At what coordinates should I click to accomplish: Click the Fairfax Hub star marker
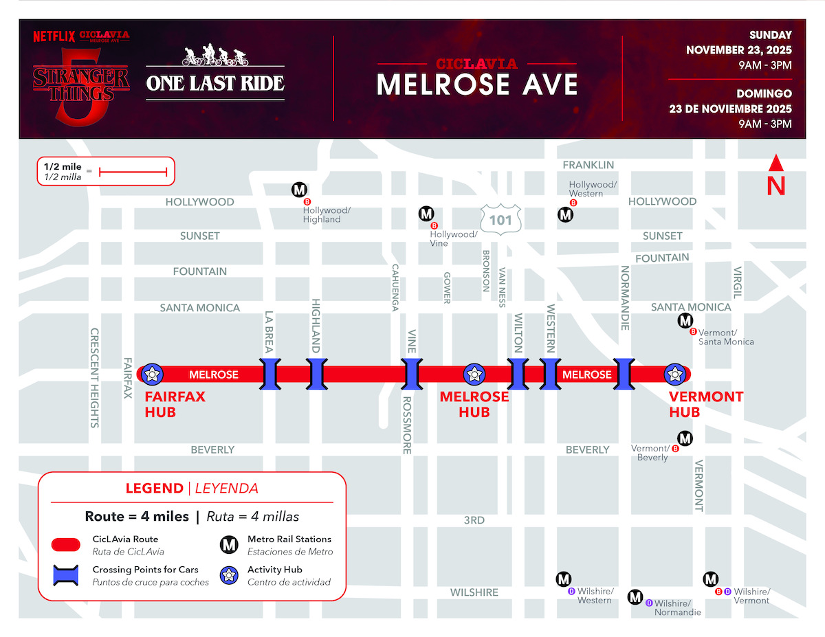(x=152, y=374)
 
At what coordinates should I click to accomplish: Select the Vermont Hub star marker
(x=674, y=374)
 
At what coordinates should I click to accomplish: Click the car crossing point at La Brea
(x=269, y=374)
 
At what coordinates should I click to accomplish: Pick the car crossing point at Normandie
(x=624, y=374)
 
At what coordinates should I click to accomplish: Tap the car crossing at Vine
(x=411, y=374)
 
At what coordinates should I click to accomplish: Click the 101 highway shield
(x=500, y=219)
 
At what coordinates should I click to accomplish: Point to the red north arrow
(x=776, y=176)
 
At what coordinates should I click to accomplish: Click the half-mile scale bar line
(x=133, y=172)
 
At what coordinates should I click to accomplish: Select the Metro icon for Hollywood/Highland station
(x=299, y=189)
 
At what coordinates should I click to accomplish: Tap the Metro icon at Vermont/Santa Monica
(x=685, y=320)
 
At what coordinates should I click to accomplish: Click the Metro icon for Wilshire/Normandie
(x=636, y=596)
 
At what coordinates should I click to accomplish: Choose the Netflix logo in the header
(x=54, y=36)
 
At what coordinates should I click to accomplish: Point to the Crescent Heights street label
(x=95, y=377)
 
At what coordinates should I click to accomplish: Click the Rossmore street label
(x=406, y=425)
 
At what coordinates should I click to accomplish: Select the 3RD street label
(x=474, y=520)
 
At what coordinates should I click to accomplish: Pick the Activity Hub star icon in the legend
(x=229, y=575)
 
